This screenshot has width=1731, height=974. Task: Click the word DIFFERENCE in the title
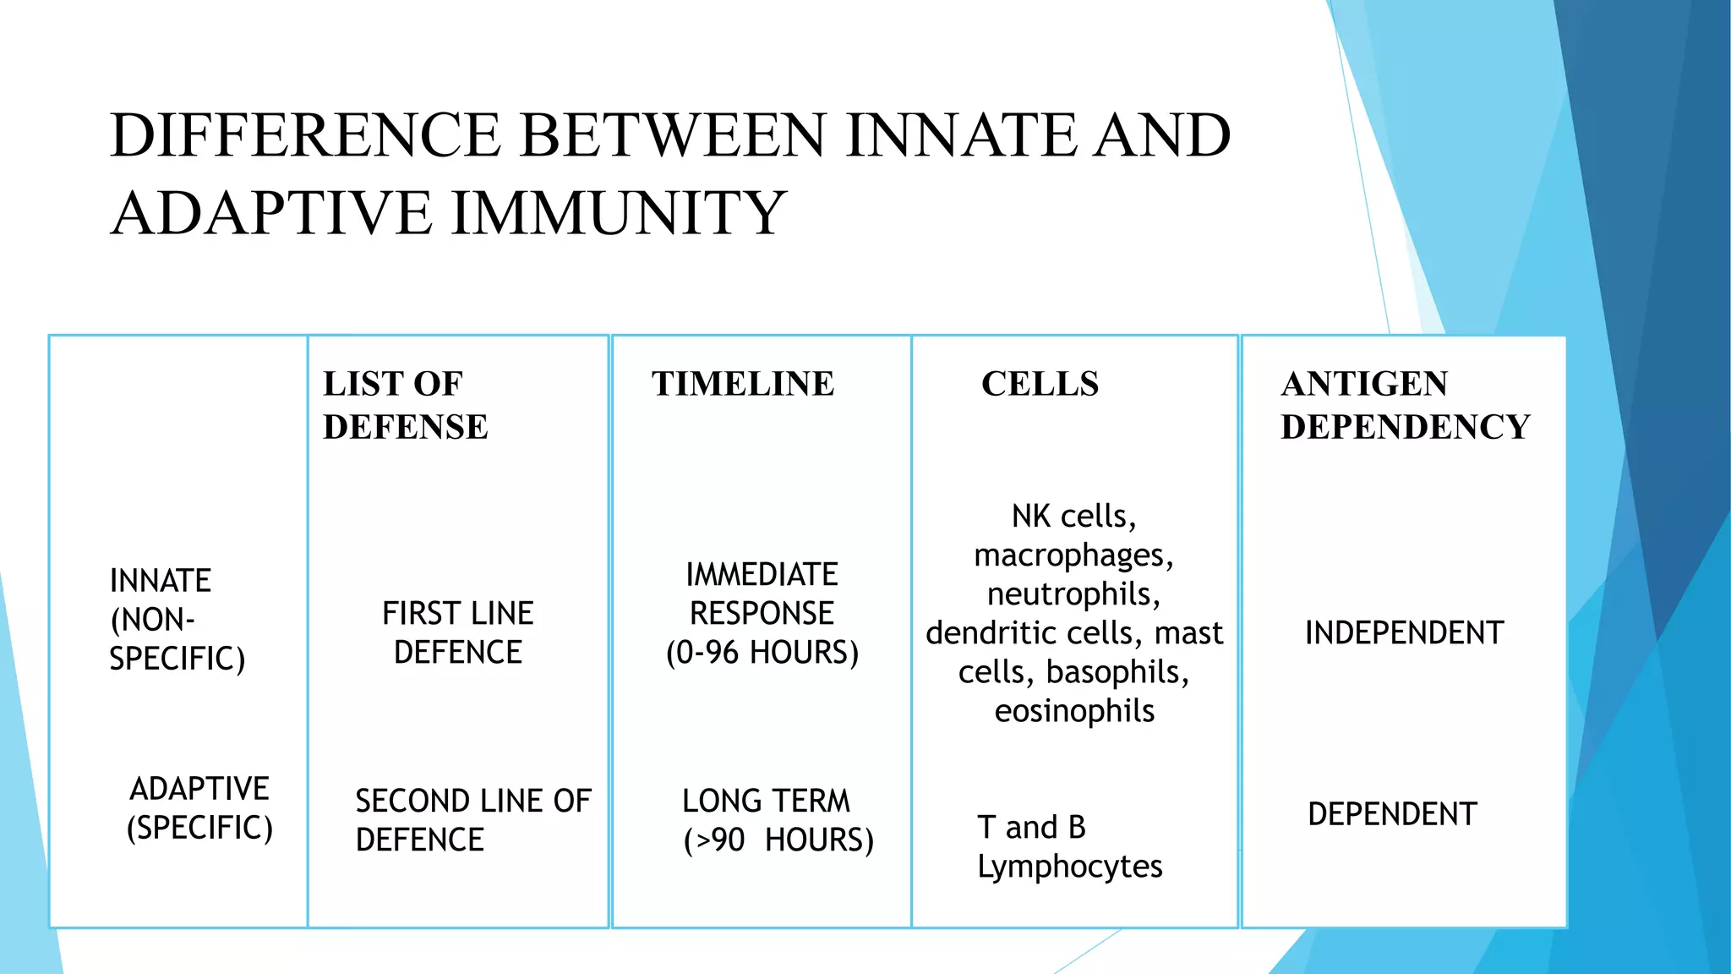pyautogui.click(x=305, y=135)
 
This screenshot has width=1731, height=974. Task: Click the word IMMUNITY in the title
pyautogui.click(x=619, y=212)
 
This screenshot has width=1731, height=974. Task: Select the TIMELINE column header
pyautogui.click(x=742, y=384)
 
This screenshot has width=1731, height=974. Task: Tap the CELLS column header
pyautogui.click(x=1040, y=384)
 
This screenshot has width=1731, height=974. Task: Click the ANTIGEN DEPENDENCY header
pyautogui.click(x=1405, y=405)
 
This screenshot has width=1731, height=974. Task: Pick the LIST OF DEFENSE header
pyautogui.click(x=405, y=405)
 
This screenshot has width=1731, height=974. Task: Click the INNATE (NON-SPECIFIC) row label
pyautogui.click(x=177, y=620)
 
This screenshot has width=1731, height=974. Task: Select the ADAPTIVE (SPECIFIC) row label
pyautogui.click(x=199, y=808)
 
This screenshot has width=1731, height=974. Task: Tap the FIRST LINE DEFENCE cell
pyautogui.click(x=457, y=632)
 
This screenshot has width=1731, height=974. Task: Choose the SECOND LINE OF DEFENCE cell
pyautogui.click(x=472, y=820)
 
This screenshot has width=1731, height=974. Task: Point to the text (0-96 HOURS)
pyautogui.click(x=762, y=653)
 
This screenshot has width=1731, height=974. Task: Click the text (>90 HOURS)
pyautogui.click(x=778, y=840)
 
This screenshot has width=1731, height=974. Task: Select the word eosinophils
pyautogui.click(x=1074, y=711)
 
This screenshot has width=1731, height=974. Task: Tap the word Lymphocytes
pyautogui.click(x=1069, y=867)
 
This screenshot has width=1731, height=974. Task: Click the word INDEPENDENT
pyautogui.click(x=1404, y=633)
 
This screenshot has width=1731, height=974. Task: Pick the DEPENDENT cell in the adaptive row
pyautogui.click(x=1392, y=814)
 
